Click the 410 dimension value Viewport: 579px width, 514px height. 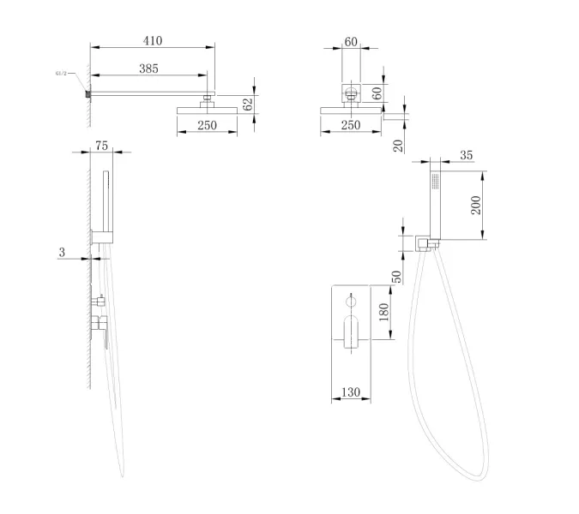153,40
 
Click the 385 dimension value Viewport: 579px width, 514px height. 148,69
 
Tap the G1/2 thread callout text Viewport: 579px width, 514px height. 61,74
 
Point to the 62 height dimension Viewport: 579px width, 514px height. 248,104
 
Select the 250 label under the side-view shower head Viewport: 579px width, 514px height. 208,125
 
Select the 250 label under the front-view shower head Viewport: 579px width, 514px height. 351,125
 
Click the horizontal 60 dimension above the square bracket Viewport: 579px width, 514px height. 351,42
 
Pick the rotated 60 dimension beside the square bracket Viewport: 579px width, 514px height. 377,93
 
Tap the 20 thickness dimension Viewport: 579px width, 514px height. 398,146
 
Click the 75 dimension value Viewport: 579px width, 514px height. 101,146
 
